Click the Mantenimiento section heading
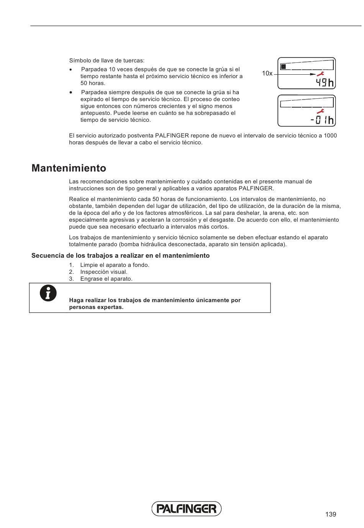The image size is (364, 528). coord(69,168)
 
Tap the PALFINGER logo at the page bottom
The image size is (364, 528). coord(187,508)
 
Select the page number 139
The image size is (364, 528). coord(331,514)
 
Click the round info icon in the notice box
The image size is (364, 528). coord(48,293)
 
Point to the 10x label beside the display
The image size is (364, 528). coord(267,74)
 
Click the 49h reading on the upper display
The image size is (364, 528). coord(325,83)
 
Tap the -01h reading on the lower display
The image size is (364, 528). coord(322,120)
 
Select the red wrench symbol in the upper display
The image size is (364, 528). coord(320,74)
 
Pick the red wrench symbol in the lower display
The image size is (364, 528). coord(320,111)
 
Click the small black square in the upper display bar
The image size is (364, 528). coord(284,67)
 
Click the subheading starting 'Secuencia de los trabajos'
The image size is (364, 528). coord(120,255)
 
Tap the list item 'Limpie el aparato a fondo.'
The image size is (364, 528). coord(115,265)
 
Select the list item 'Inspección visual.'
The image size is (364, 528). coord(103,272)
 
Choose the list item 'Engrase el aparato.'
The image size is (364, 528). coord(106,279)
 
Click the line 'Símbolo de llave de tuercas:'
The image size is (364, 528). coord(107,60)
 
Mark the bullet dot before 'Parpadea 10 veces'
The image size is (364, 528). coord(71,70)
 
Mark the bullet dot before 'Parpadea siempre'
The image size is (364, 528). coord(71,93)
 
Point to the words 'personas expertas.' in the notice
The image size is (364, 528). coord(96,307)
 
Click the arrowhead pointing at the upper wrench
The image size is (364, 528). coord(313,74)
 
